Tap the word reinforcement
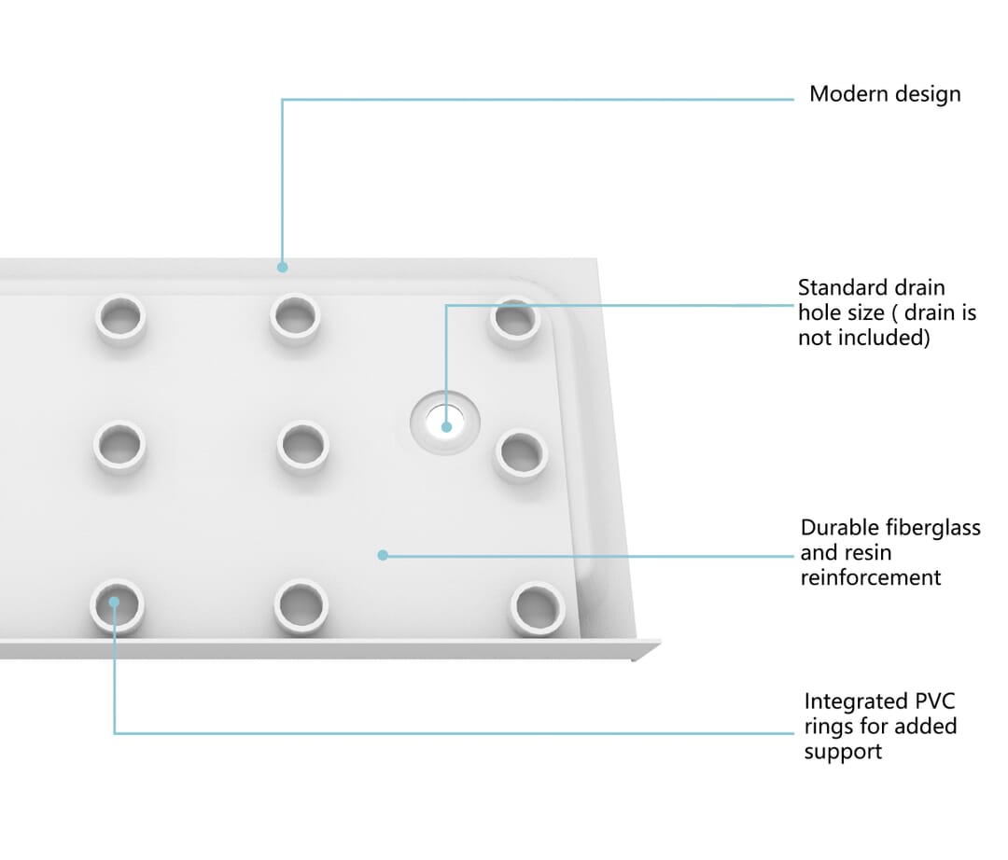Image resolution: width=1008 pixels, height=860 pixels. click(871, 577)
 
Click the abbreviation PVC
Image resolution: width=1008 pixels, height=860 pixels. click(934, 700)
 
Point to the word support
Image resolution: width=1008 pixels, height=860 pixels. click(843, 752)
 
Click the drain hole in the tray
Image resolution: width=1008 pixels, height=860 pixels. click(445, 422)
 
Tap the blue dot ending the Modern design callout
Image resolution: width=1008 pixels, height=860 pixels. click(282, 267)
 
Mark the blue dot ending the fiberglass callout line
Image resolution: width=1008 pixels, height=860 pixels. click(383, 555)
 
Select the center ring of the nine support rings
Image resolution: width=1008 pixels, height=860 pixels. click(302, 447)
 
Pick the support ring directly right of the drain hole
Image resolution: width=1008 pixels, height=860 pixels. click(521, 454)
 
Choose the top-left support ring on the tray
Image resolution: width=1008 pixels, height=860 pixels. click(120, 319)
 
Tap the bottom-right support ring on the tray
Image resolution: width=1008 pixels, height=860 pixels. click(538, 608)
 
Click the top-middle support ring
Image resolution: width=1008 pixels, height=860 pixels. click(295, 318)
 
